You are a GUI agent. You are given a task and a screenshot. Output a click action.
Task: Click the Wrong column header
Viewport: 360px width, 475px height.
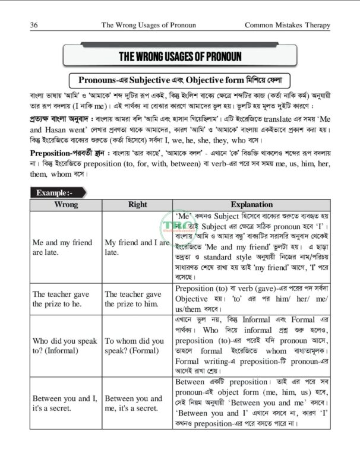(x=65, y=204)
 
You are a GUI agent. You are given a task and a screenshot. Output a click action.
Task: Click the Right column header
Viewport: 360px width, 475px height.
(x=137, y=204)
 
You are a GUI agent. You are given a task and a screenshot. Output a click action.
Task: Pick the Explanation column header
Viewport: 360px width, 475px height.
(x=251, y=204)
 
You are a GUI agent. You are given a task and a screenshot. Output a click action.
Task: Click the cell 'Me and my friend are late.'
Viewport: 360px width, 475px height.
(x=62, y=248)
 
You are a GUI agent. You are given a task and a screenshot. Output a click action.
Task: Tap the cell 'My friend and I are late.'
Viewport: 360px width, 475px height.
(x=137, y=248)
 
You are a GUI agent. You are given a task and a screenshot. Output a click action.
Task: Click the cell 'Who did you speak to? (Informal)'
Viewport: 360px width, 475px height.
(x=65, y=346)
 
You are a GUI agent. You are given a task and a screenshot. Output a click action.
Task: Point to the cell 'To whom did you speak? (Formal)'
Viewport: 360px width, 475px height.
(x=134, y=346)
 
